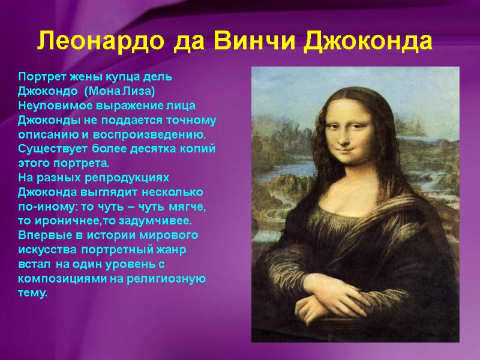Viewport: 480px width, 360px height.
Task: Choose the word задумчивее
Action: [x=158, y=220]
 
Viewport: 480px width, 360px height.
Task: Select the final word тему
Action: [x=32, y=293]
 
